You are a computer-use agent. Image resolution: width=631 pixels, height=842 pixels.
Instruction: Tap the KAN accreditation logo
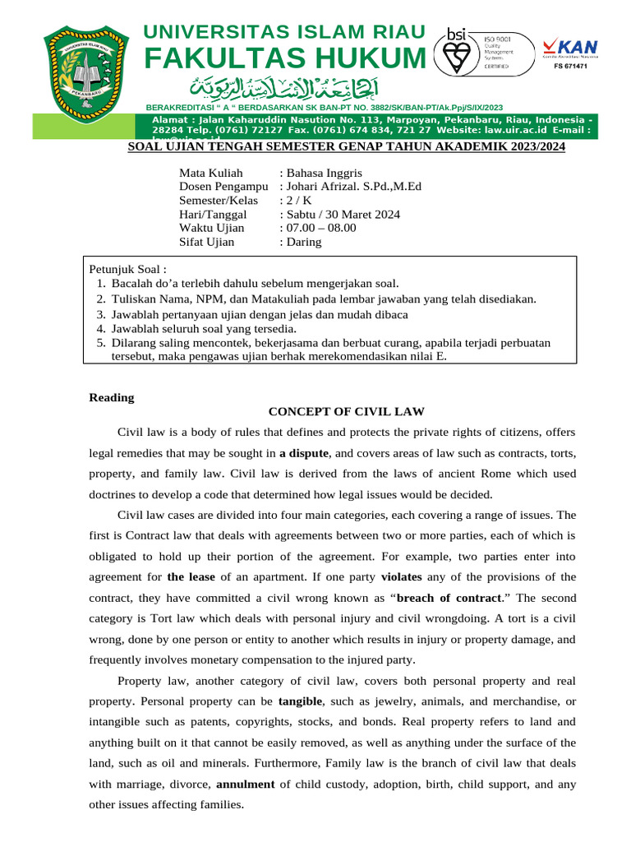pyautogui.click(x=569, y=48)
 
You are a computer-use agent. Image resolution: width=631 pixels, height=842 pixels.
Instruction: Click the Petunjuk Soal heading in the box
pyautogui.click(x=127, y=269)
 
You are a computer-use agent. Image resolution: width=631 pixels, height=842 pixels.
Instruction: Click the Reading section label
pyautogui.click(x=111, y=398)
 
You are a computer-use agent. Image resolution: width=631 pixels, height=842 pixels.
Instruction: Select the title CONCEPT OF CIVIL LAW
pyautogui.click(x=346, y=412)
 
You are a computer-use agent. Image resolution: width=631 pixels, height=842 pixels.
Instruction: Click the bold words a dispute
pyautogui.click(x=304, y=453)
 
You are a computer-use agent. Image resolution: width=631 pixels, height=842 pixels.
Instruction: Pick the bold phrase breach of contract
pyautogui.click(x=449, y=598)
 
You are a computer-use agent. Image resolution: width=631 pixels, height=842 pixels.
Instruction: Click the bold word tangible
pyautogui.click(x=301, y=701)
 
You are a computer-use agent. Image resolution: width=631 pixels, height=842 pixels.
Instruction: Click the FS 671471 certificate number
pyautogui.click(x=569, y=65)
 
